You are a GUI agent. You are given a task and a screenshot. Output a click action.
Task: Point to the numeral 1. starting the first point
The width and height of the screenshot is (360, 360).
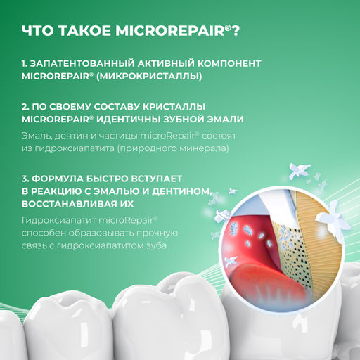click(26, 63)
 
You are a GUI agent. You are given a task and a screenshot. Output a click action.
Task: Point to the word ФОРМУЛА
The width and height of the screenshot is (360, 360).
click(63, 178)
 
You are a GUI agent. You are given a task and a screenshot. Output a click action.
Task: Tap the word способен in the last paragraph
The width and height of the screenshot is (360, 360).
click(43, 233)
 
